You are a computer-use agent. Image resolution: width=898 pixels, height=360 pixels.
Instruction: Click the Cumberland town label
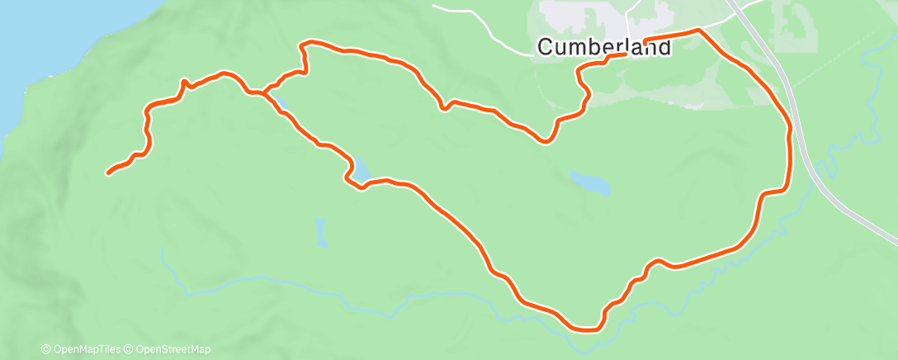(x=604, y=48)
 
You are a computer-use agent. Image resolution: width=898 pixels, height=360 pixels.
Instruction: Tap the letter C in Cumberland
(x=546, y=48)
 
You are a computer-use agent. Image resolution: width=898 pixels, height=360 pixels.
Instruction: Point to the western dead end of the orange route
(x=109, y=173)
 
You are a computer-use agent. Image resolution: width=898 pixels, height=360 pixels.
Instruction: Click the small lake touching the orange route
(x=362, y=169)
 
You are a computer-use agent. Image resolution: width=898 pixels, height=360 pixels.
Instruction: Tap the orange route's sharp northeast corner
(x=699, y=31)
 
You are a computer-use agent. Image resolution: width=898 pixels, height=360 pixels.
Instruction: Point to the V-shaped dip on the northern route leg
(x=544, y=141)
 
